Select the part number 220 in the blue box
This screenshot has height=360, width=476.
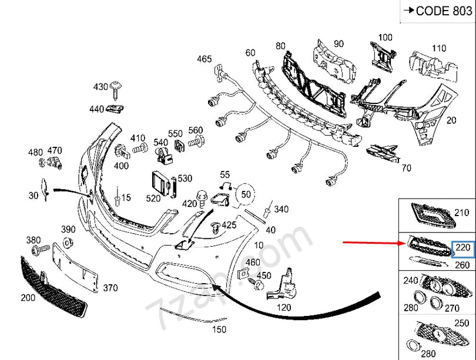[x=462, y=248]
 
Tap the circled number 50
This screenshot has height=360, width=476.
[x=246, y=194]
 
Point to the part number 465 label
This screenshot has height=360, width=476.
[x=204, y=59]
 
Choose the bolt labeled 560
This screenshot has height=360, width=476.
[x=195, y=142]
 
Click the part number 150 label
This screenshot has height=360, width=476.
[x=219, y=330]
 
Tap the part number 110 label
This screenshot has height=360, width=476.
[x=439, y=48]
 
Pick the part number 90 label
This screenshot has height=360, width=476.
[x=338, y=43]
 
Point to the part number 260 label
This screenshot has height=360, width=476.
[x=462, y=265]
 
